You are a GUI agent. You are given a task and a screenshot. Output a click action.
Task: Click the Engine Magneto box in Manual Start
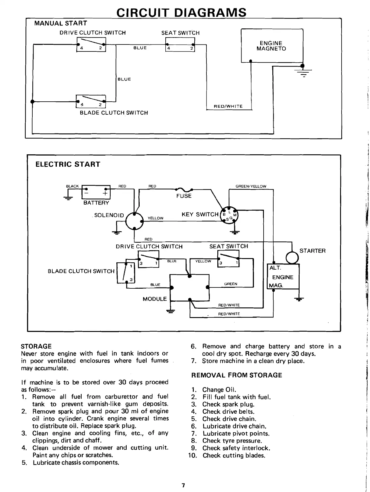271,46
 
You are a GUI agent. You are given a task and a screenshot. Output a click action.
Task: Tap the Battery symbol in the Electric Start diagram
96,193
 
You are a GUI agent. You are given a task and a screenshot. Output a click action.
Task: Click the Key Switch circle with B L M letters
229,216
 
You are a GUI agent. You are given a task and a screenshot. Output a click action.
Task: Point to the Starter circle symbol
292,258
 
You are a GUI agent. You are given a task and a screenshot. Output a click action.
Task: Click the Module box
190,287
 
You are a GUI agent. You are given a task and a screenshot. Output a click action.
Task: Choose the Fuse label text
184,196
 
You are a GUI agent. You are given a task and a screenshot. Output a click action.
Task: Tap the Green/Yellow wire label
251,186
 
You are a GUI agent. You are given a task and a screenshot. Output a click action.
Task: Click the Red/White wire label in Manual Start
228,106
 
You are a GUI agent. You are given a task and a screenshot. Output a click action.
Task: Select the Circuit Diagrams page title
181,12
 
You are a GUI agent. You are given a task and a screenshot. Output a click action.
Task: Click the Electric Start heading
68,164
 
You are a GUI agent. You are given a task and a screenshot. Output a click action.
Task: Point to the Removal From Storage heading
236,375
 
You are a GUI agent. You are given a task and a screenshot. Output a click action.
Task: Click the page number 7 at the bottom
183,486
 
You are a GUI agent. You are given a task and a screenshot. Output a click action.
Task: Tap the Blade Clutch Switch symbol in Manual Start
91,101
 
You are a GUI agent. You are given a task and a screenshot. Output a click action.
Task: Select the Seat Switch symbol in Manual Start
180,44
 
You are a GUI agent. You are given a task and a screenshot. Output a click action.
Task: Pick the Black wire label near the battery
72,186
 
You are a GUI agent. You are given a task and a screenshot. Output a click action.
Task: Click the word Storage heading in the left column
36,346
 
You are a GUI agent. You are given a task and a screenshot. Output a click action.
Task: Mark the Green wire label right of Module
231,284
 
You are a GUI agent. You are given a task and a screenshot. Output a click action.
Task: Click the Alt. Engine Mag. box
283,277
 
